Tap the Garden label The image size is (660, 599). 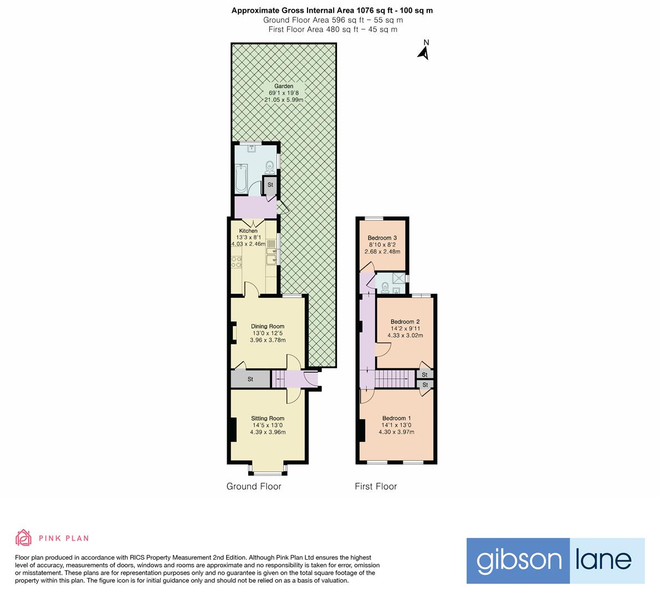point(284,86)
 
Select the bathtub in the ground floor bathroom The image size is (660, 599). point(242,179)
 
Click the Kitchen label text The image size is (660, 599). point(248,231)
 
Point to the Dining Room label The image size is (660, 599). point(268,326)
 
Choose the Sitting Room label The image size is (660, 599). point(268,418)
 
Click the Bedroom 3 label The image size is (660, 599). point(382,237)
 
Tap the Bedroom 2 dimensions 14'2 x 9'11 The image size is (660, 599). point(405,328)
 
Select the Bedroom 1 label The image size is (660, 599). point(397,418)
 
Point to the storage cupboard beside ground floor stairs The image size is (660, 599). point(250,379)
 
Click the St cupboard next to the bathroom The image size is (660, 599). point(270,185)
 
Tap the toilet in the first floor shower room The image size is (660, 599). point(384,287)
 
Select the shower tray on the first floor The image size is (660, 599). point(399,278)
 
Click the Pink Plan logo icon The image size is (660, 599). point(24,538)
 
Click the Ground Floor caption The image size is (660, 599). point(254,486)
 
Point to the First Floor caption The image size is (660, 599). point(376,486)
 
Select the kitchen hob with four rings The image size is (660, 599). point(236,262)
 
